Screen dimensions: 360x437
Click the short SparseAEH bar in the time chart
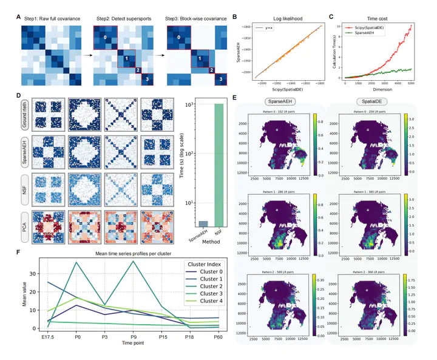(203, 223)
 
